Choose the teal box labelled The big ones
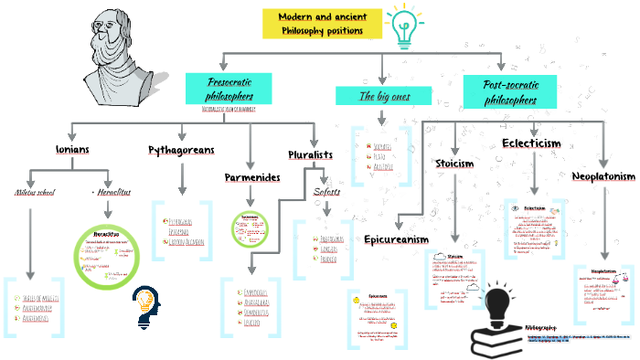click(381, 95)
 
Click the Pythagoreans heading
click(182, 149)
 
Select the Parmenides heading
click(251, 176)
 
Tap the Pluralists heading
click(310, 155)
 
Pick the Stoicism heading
click(453, 164)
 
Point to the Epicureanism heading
click(396, 239)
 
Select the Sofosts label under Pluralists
click(326, 192)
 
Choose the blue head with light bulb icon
click(146, 304)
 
